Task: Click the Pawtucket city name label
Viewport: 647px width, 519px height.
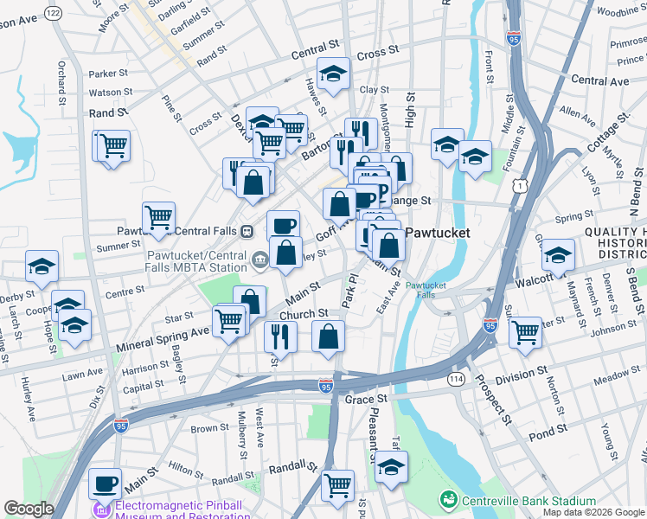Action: [x=439, y=233]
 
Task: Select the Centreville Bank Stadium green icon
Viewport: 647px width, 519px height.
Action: [x=448, y=500]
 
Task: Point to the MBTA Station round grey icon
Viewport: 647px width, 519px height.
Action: [x=259, y=259]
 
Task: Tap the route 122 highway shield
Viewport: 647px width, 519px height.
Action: [x=54, y=12]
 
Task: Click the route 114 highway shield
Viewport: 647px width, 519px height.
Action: [x=456, y=379]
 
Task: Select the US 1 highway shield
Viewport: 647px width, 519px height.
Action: [x=520, y=184]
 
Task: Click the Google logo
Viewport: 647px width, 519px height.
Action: [x=29, y=509]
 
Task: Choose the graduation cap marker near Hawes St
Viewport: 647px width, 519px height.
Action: [x=333, y=74]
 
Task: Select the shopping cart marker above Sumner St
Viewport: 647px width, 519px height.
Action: [x=158, y=217]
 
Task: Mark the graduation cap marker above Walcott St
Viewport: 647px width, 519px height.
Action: [x=559, y=254]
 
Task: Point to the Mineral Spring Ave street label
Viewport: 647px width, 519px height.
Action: [x=163, y=331]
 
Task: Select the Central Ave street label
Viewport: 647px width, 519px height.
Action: [x=600, y=80]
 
